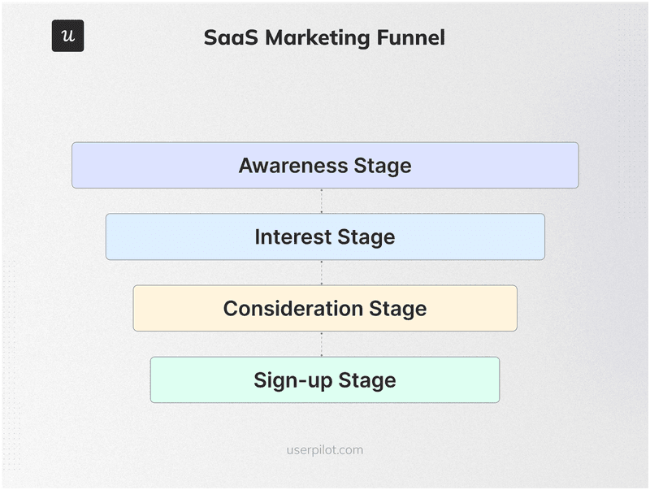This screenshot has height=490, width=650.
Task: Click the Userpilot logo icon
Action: [x=67, y=37]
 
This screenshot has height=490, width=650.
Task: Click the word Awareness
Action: [x=293, y=166]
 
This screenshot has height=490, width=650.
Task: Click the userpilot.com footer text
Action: [x=325, y=449]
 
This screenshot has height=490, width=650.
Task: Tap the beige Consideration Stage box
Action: [x=175, y=309]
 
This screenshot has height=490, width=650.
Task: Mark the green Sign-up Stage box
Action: [x=195, y=380]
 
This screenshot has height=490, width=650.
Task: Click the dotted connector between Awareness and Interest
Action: [x=322, y=201]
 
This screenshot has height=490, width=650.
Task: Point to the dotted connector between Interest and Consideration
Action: [x=322, y=272]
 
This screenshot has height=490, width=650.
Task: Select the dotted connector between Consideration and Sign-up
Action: [x=322, y=344]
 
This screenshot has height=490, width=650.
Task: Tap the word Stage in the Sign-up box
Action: [x=367, y=380]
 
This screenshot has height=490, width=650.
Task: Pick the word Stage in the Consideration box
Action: [x=398, y=309]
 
